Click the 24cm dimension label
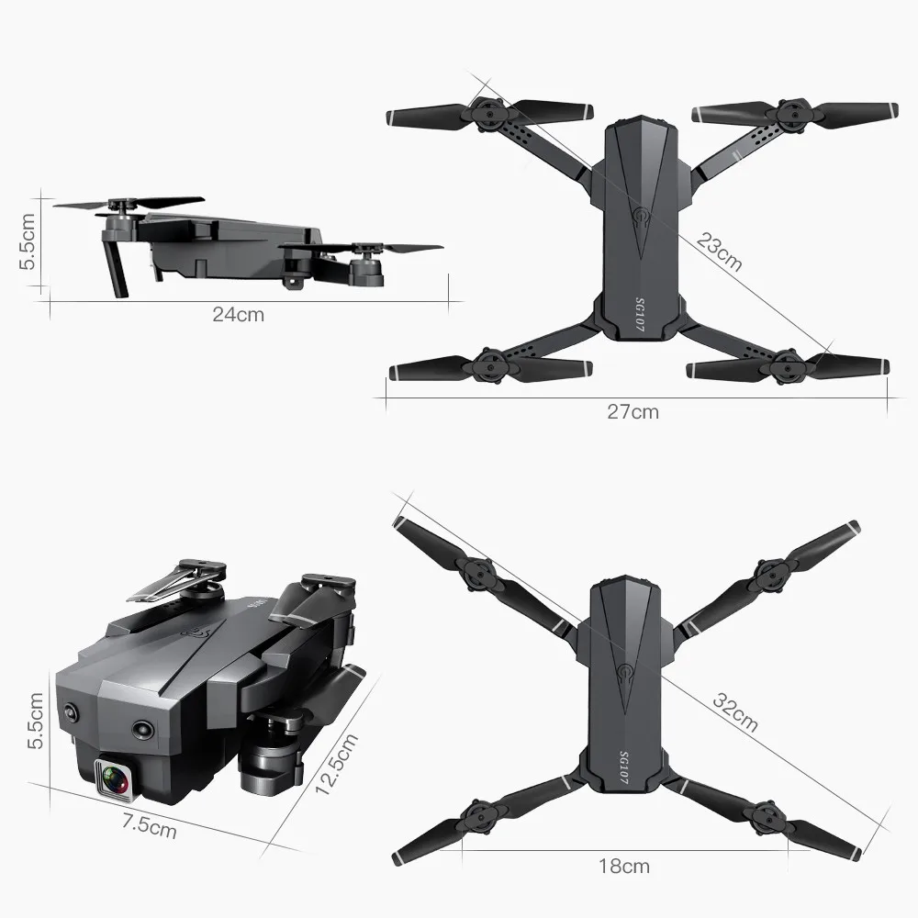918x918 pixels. [238, 315]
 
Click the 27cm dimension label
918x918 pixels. [633, 411]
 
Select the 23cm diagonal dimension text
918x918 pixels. [719, 252]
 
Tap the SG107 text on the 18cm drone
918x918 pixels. [624, 764]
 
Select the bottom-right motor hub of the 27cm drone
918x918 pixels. [787, 364]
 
